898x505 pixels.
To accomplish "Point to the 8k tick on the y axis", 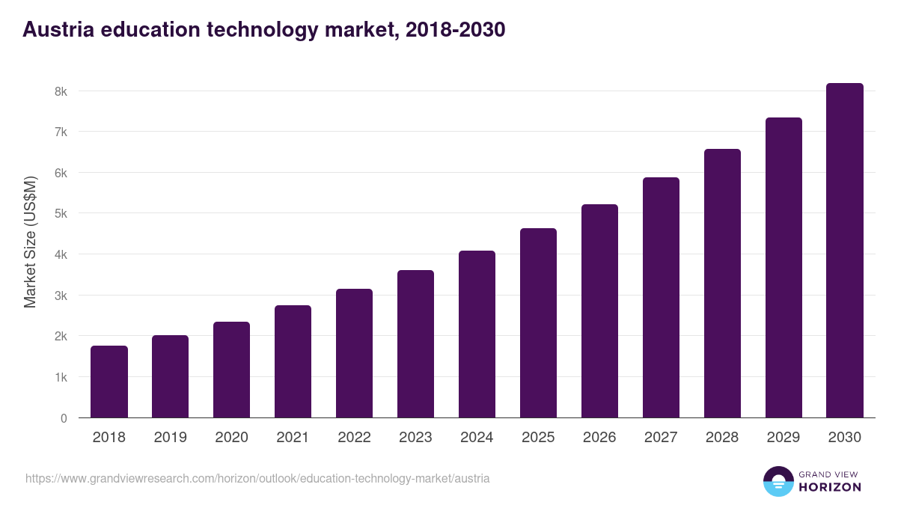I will tap(61, 91).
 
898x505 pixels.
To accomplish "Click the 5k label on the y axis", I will tap(61, 214).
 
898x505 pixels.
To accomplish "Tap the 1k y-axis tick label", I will tap(61, 377).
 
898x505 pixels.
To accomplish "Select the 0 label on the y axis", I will tap(64, 418).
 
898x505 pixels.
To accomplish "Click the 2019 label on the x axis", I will tap(170, 438).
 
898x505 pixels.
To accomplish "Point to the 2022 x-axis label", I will tap(354, 438).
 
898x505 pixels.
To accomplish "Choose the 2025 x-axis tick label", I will tap(538, 438).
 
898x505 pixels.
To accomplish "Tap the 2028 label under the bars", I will tap(722, 438).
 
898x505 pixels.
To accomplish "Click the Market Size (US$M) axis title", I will tap(30, 242).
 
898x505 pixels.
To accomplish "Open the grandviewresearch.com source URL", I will tap(257, 478).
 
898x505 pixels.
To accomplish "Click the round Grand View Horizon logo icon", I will tap(778, 482).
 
